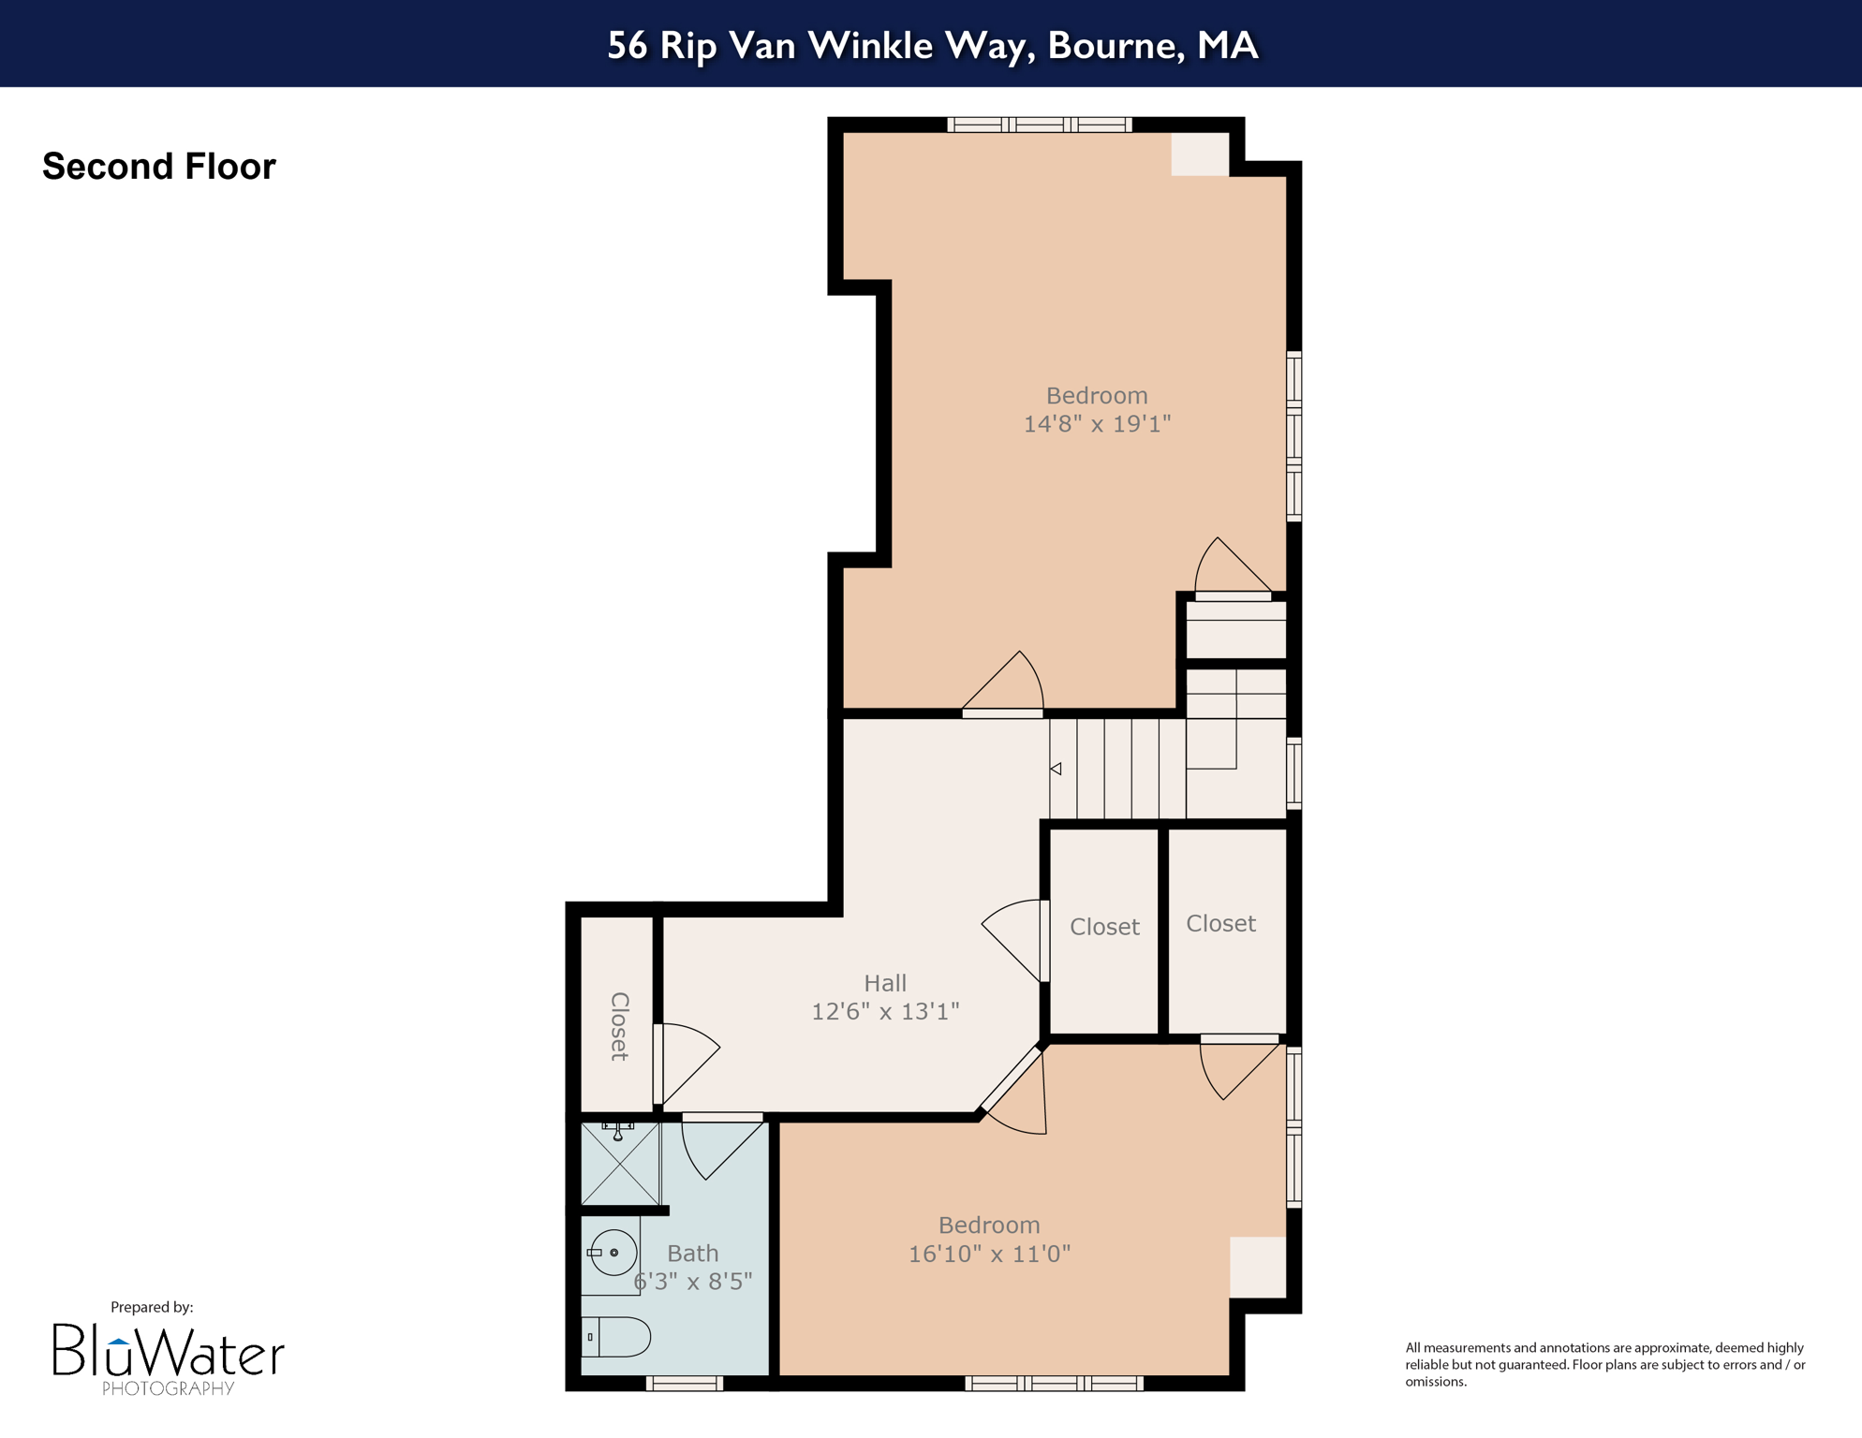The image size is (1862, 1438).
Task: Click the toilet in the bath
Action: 616,1337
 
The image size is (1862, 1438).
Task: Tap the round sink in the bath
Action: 613,1253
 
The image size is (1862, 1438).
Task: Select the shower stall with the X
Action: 620,1164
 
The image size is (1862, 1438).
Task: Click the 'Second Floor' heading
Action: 159,167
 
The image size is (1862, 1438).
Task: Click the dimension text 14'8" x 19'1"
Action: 1097,424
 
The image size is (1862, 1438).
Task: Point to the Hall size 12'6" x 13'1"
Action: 885,1012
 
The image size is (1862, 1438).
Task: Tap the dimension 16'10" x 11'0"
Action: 989,1254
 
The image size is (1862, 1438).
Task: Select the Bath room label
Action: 693,1253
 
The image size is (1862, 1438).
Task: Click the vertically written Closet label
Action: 619,1026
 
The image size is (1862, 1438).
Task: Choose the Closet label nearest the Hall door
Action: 1104,927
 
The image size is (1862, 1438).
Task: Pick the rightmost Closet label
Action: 1220,923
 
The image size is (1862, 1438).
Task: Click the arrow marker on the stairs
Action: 1056,769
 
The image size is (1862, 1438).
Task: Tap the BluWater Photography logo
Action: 169,1357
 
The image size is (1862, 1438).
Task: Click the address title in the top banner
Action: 931,45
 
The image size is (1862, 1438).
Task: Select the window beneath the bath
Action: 685,1384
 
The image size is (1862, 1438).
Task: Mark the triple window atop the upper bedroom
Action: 1040,125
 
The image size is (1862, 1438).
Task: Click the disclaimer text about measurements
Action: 1604,1364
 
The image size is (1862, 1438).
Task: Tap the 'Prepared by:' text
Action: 152,1307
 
